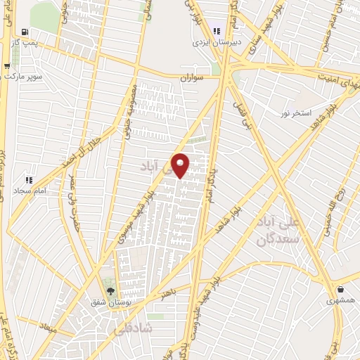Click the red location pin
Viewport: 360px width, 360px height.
(x=181, y=165)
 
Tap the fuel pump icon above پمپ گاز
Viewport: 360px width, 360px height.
(x=26, y=32)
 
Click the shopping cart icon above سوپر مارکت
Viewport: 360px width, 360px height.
(x=7, y=66)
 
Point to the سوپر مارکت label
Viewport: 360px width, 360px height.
(x=24, y=75)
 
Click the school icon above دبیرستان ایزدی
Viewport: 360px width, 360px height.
(x=217, y=31)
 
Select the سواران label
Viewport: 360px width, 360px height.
(x=191, y=78)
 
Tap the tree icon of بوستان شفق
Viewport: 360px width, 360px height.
(x=109, y=290)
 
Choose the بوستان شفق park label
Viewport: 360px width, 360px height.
(x=109, y=302)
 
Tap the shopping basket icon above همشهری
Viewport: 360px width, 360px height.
(x=341, y=290)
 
